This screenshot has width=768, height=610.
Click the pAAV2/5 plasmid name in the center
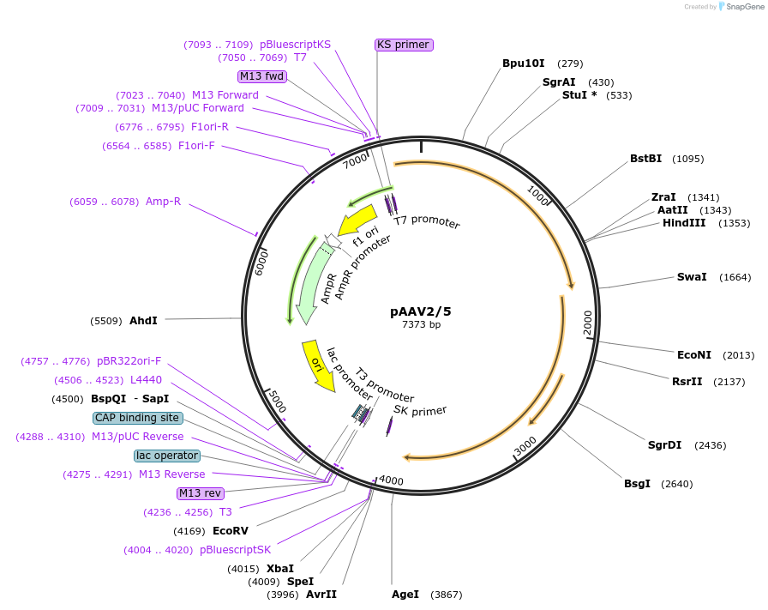click(x=421, y=311)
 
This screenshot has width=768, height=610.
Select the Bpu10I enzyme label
click(x=523, y=63)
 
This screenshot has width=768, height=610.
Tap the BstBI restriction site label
click(x=646, y=159)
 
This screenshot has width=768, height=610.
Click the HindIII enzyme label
click(x=684, y=223)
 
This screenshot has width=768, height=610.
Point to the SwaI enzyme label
click(x=692, y=277)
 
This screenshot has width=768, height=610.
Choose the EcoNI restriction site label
click(x=694, y=355)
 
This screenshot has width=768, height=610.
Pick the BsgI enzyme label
click(x=637, y=484)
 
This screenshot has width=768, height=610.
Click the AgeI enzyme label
click(x=405, y=595)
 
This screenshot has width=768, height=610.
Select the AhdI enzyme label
click(x=143, y=321)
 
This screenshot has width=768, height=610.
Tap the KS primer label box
click(x=403, y=45)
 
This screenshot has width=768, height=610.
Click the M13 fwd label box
click(x=261, y=76)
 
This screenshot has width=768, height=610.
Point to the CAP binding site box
click(x=137, y=418)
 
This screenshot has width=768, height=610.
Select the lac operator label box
click(x=166, y=456)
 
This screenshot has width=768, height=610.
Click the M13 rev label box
click(x=200, y=493)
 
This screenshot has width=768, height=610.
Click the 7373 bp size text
click(x=421, y=325)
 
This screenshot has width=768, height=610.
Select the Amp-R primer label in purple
click(x=163, y=202)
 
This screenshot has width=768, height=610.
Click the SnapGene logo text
click(x=742, y=7)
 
